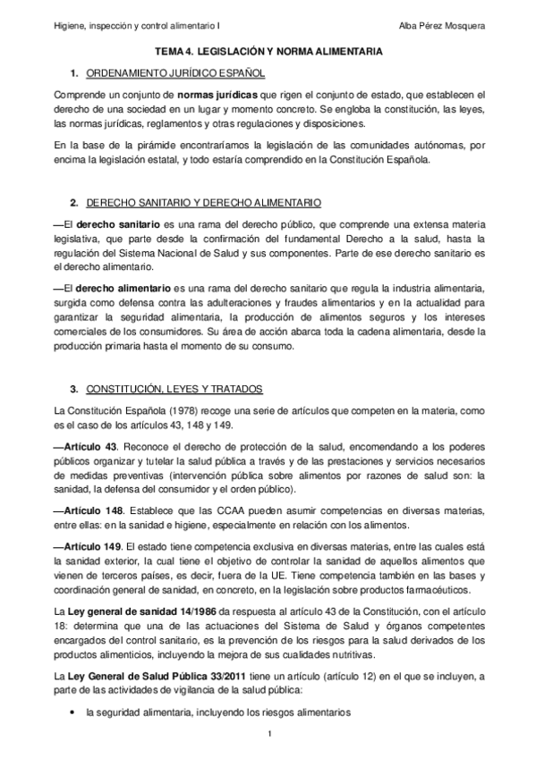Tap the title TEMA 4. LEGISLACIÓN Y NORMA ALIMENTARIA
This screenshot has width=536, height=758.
(x=269, y=54)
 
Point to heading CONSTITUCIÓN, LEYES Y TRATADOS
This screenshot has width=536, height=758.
(x=174, y=390)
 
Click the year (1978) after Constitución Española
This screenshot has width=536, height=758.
(x=167, y=411)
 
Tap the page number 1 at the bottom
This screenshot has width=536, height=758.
(x=268, y=734)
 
